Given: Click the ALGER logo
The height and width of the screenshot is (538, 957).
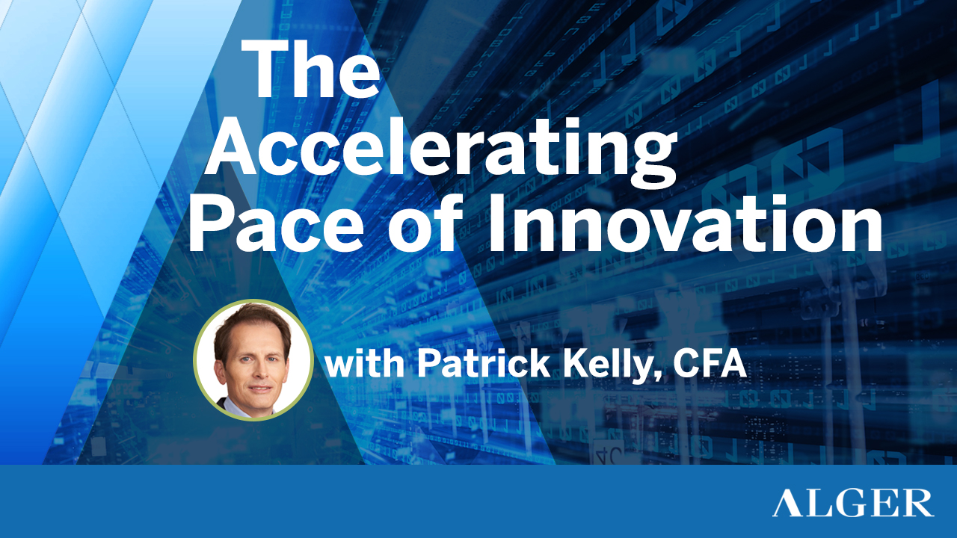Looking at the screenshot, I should [x=852, y=502].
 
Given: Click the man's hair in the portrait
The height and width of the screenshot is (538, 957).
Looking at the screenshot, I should [x=250, y=320].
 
